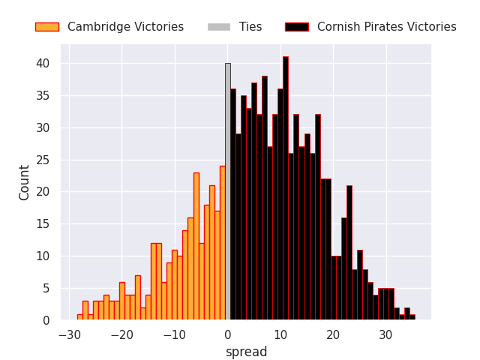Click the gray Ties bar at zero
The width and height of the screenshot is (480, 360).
coord(227,192)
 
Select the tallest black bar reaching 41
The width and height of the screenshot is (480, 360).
coord(285,188)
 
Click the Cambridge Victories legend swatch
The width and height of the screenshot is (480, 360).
coord(46,27)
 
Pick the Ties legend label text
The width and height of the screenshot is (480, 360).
coord(250,27)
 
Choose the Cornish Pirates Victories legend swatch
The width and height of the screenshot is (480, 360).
coord(297,27)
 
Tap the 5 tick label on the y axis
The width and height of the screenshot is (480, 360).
coord(46,288)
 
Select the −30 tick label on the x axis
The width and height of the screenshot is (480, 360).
coord(69,334)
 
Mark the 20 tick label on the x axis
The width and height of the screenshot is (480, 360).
coord(332,334)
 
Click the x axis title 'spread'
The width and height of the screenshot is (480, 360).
coord(246,352)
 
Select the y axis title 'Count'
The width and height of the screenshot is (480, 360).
coord(25,182)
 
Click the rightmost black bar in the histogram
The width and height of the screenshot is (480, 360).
coord(412,317)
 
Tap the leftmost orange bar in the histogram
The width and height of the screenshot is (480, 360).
coord(79,317)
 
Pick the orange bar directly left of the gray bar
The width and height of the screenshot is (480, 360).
coord(222,243)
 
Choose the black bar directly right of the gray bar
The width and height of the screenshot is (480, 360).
coord(232,205)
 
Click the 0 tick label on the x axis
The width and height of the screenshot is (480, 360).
coord(227,334)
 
